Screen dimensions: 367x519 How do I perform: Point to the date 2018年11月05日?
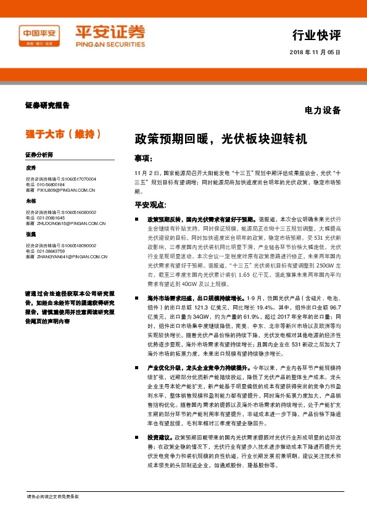pyautogui.click(x=315, y=52)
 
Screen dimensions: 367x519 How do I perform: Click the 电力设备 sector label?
pyautogui.click(x=323, y=111)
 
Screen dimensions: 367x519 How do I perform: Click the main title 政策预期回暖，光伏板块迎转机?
pyautogui.click(x=220, y=139)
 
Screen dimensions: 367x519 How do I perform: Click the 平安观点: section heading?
pyautogui.click(x=151, y=205)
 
